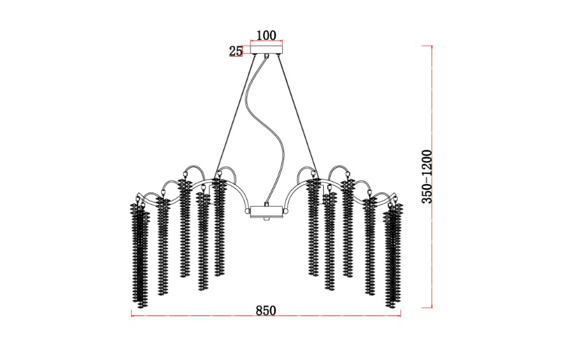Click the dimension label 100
pyautogui.click(x=266, y=35)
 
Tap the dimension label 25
pyautogui.click(x=236, y=51)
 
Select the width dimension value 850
pyautogui.click(x=266, y=310)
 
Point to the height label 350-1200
pyautogui.click(x=426, y=177)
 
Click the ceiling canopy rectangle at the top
pyautogui.click(x=267, y=49)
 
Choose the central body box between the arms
pyautogui.click(x=266, y=212)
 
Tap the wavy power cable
pyautogui.click(x=266, y=130)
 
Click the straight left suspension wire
pyautogui.click(x=235, y=115)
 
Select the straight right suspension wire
pyautogui.click(x=297, y=115)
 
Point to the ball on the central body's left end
pyautogui.click(x=248, y=211)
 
